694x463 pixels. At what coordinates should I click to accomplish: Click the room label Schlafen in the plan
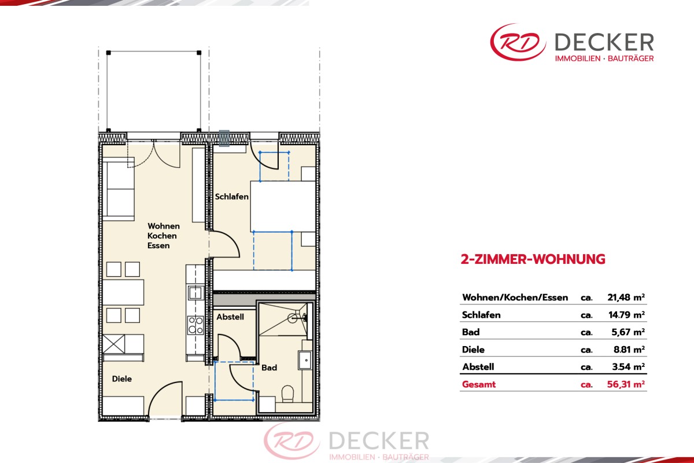click(x=231, y=197)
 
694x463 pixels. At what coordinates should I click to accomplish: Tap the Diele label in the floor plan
click(x=122, y=379)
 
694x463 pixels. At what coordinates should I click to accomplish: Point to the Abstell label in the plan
click(x=230, y=317)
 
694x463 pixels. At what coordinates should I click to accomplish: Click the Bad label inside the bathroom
click(x=269, y=368)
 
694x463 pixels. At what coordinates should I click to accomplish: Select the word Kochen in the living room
click(x=162, y=236)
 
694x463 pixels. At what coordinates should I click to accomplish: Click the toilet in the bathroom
click(x=288, y=393)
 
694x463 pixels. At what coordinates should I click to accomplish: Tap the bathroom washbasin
click(x=305, y=360)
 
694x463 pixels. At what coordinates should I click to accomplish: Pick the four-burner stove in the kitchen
click(x=195, y=325)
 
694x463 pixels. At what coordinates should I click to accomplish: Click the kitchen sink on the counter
click(x=195, y=293)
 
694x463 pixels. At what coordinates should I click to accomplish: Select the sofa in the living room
click(x=119, y=189)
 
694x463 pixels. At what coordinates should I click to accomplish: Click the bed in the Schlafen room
click(x=283, y=206)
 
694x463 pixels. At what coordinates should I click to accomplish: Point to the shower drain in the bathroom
click(x=292, y=318)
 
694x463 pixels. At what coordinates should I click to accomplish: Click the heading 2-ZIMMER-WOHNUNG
click(x=533, y=259)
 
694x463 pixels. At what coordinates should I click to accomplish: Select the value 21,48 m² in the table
click(x=626, y=297)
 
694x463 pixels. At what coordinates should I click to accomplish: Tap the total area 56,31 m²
click(x=626, y=384)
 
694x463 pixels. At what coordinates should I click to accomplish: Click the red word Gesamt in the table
click(x=479, y=384)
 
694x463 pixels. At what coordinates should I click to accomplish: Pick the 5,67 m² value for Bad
click(x=628, y=332)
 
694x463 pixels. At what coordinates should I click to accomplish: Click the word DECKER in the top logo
click(x=604, y=42)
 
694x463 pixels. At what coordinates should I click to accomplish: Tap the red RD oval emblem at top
click(x=518, y=42)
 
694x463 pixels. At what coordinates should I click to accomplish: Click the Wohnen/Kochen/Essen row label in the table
click(x=515, y=297)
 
